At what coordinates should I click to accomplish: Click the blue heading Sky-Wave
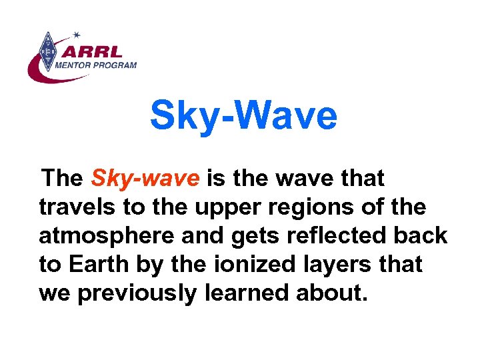[x=243, y=115]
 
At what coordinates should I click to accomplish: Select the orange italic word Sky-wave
[x=145, y=179]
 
